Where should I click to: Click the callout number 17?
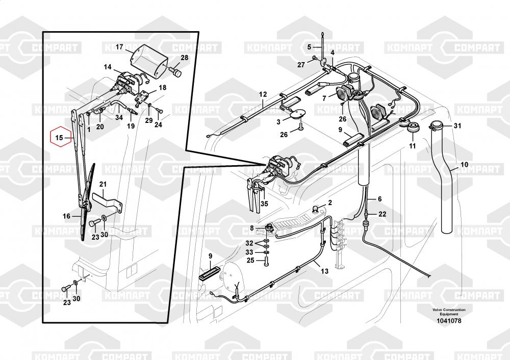tap(119, 47)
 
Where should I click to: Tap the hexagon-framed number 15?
tap(59, 138)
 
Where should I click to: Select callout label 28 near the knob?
tap(184, 58)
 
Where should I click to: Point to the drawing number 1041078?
tap(449, 320)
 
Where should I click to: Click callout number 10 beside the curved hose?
tap(464, 164)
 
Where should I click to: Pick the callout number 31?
tap(457, 126)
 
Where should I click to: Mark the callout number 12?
tap(263, 94)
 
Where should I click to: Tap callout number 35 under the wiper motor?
tap(264, 203)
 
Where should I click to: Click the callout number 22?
tap(382, 214)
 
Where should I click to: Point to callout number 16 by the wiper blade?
tap(66, 216)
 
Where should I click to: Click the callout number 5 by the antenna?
tap(309, 47)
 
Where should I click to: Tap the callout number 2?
tap(330, 202)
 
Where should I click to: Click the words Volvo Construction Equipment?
tap(449, 312)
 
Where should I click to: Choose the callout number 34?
tap(119, 118)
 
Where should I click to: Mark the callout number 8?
tap(251, 227)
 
